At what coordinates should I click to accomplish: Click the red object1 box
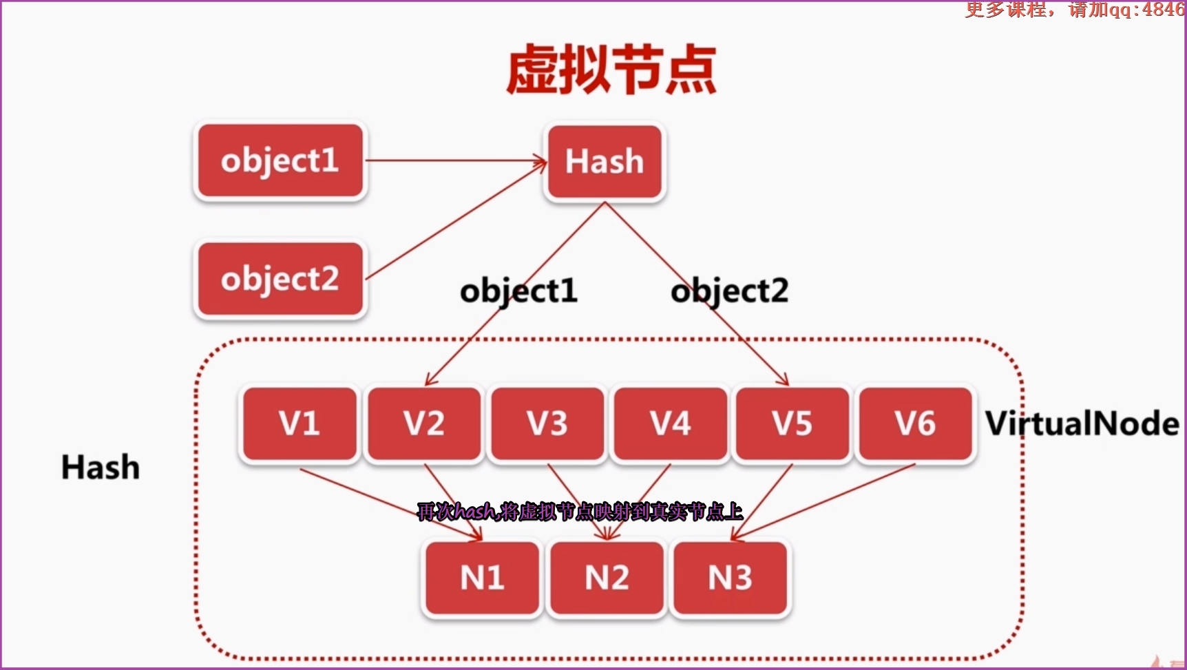click(x=280, y=161)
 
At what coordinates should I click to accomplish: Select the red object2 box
click(x=280, y=279)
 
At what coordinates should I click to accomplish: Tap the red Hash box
click(x=605, y=161)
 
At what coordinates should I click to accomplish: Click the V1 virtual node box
click(x=299, y=423)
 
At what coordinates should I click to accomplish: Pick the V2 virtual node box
click(x=423, y=423)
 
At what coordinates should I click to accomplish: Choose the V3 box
click(x=547, y=423)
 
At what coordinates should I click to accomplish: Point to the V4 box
click(x=670, y=423)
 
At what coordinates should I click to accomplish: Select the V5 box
click(x=792, y=423)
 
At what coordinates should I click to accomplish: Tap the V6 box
click(x=915, y=423)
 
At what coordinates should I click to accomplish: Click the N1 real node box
click(x=482, y=577)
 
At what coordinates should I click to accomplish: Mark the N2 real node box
click(x=606, y=577)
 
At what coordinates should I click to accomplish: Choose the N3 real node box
click(x=730, y=577)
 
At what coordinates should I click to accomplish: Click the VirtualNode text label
click(x=1082, y=423)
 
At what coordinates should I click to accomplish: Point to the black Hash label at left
click(x=101, y=467)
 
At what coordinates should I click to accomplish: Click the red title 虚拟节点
click(x=611, y=70)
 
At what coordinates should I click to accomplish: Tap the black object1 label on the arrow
click(x=518, y=291)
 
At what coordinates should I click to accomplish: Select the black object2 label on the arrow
click(x=730, y=291)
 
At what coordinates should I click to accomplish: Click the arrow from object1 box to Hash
click(x=454, y=161)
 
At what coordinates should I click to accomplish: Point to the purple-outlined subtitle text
click(x=580, y=512)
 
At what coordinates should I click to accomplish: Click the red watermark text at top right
click(x=1074, y=9)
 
